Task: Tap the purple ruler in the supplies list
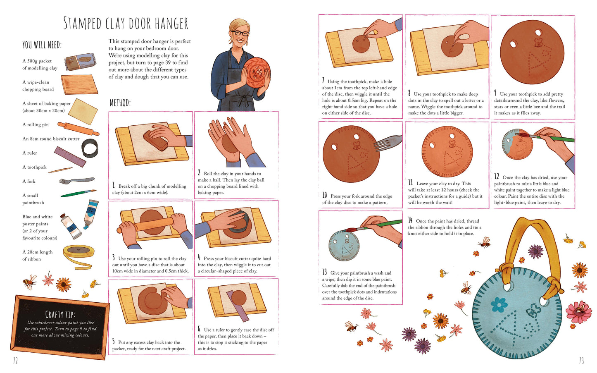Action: [x=70, y=157]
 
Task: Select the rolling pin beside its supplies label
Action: [x=78, y=129]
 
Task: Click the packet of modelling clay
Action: [x=80, y=62]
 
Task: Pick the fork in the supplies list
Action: [x=77, y=181]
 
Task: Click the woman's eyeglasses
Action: [x=240, y=33]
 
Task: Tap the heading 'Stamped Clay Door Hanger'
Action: [x=126, y=23]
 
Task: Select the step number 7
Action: [x=323, y=80]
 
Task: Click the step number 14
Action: [x=410, y=220]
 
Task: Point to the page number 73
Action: [x=581, y=361]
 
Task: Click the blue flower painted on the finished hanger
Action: [x=499, y=304]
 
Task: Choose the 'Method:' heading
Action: [x=120, y=103]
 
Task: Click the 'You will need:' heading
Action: [x=42, y=45]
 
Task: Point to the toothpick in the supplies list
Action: [x=60, y=170]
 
